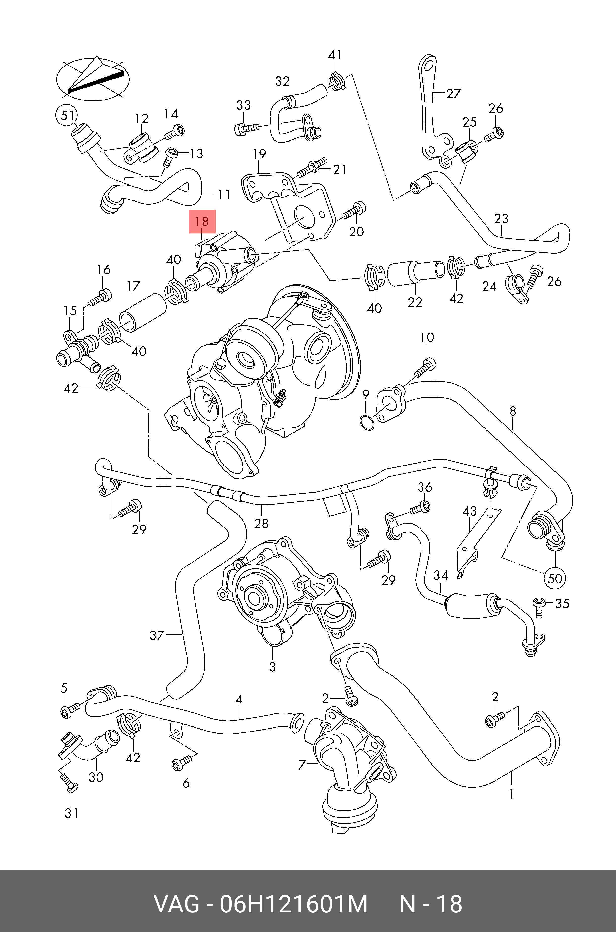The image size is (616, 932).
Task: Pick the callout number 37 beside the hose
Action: (157, 635)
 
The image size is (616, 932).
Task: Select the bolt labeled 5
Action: (69, 710)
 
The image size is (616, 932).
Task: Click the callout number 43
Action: (469, 511)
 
